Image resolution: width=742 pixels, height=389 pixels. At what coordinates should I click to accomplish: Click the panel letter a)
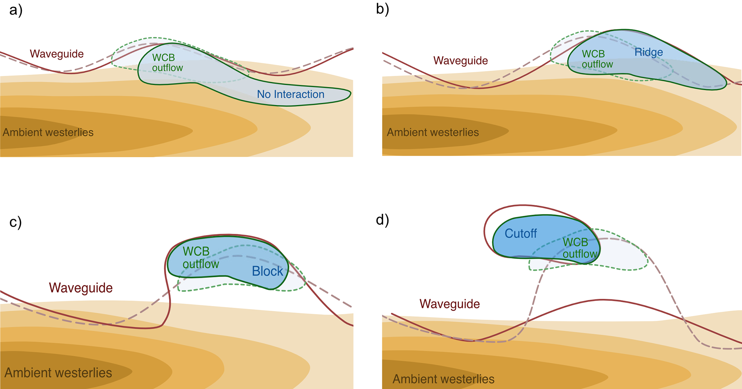[x=16, y=10]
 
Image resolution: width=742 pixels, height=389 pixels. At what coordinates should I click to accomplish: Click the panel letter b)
[x=382, y=9]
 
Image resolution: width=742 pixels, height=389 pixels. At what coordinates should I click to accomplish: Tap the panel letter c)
[x=15, y=222]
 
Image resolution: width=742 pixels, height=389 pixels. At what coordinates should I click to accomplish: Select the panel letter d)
[x=382, y=220]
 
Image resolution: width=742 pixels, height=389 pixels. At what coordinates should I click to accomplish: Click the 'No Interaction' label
[x=290, y=94]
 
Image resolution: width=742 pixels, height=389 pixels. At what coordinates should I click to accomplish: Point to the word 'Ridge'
[x=648, y=52]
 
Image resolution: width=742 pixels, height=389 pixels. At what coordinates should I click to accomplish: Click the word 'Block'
[x=267, y=271]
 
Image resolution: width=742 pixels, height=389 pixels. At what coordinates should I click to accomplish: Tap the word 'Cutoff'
[x=521, y=234]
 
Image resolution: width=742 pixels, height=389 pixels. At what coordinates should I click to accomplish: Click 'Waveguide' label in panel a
[x=57, y=54]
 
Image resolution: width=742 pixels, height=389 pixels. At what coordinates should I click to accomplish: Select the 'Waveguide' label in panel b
[x=460, y=61]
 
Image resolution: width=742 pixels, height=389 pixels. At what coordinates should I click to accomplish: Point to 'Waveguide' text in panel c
[x=81, y=288]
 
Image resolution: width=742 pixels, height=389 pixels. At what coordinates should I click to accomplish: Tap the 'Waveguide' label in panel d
[x=449, y=304]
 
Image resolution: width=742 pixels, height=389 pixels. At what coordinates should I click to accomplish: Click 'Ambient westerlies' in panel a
[x=48, y=133]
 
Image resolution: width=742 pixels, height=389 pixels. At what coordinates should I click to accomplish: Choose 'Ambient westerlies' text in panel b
[x=433, y=133]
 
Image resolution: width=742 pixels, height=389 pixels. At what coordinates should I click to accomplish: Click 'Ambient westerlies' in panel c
[x=58, y=373]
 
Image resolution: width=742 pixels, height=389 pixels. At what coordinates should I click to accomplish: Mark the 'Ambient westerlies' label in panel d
[x=443, y=379]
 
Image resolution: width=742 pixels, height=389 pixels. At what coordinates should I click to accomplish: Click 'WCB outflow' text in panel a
[x=167, y=63]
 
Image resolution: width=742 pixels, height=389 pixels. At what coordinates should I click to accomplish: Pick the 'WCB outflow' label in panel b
[x=597, y=59]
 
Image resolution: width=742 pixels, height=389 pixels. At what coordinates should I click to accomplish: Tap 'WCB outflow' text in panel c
[x=200, y=258]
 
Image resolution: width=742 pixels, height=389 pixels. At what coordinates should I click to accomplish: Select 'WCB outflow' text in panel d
[x=579, y=248]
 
